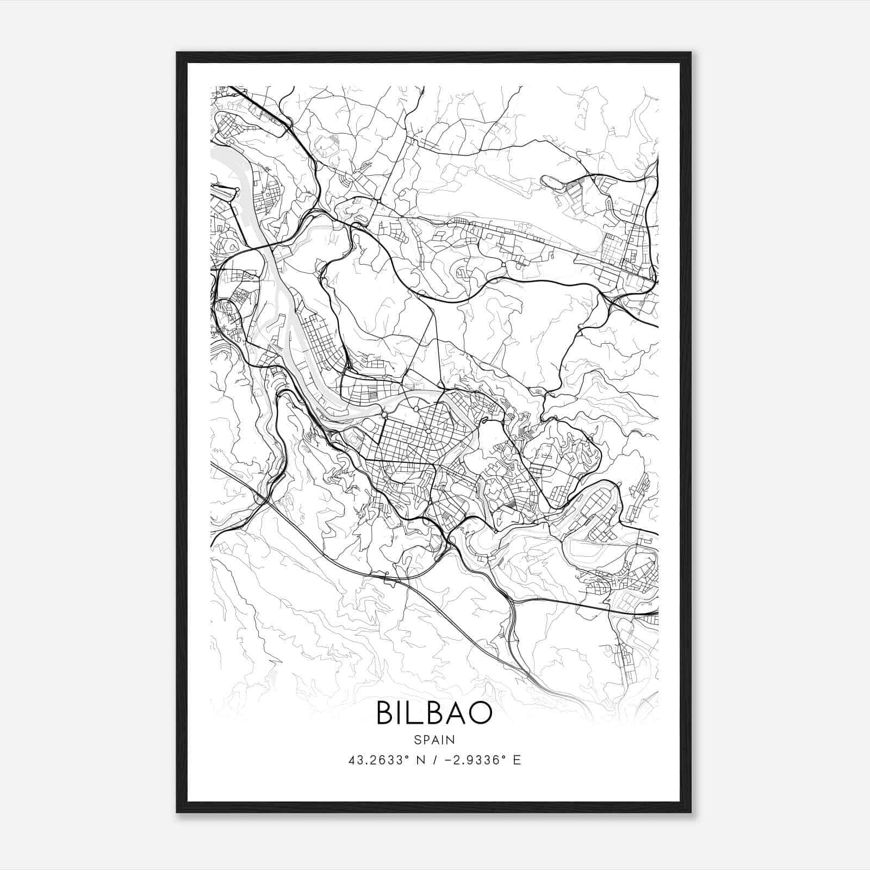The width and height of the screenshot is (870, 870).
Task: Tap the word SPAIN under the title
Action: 434,739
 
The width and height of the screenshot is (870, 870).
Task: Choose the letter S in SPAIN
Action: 417,739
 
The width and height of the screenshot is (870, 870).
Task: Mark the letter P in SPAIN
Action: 425,739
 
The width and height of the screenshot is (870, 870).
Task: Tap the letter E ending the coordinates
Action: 517,760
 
